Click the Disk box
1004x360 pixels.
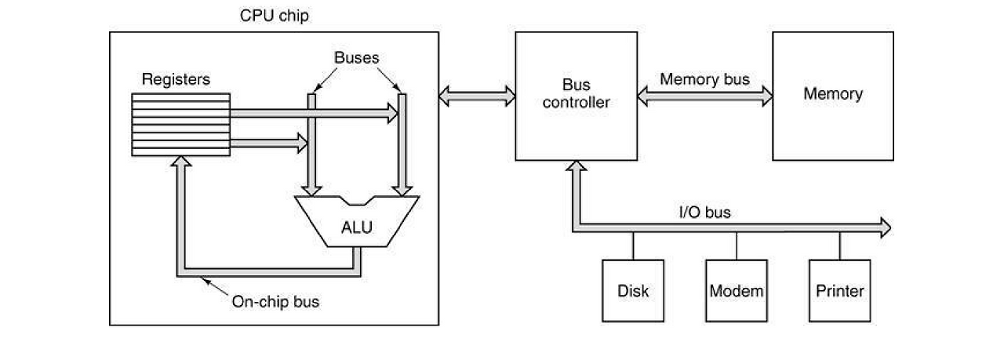coord(633,291)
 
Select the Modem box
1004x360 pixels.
coord(737,291)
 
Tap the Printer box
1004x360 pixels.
coord(840,291)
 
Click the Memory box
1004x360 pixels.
coord(832,95)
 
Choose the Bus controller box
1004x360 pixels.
coord(575,95)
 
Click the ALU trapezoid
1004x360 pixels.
coord(357,224)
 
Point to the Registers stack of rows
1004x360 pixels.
coord(180,124)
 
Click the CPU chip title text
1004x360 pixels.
coord(274,16)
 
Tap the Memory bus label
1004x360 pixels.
coord(704,79)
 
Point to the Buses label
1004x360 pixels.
coord(356,57)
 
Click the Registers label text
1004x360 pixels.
coord(176,79)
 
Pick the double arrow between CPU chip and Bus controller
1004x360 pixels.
coord(477,96)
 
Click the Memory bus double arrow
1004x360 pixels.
coord(704,96)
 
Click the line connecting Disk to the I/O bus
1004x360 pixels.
coord(633,246)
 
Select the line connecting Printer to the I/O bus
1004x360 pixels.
coord(840,246)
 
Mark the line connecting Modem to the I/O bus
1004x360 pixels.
coord(737,246)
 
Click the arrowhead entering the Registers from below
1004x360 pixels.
coord(180,162)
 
